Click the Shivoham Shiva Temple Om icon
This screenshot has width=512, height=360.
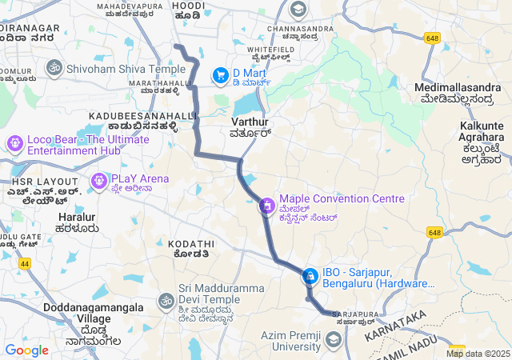coord(55,69)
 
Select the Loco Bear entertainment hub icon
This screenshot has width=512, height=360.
coord(14,144)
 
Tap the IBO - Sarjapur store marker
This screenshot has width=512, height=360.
coord(310,277)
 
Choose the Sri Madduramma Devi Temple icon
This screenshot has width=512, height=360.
coord(166,301)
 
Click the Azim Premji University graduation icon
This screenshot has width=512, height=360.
coord(334,341)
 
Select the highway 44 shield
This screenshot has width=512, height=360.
coord(27,262)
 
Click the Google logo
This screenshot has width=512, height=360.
coord(26,350)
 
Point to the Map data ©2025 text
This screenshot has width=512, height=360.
coord(478,354)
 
